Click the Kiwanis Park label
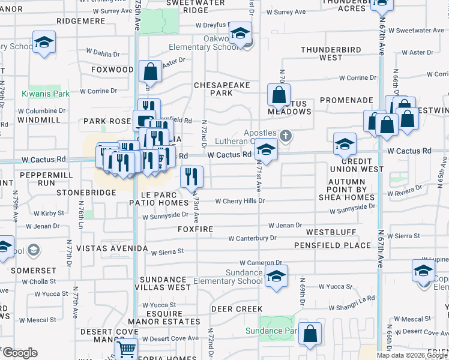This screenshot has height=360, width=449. (46, 94)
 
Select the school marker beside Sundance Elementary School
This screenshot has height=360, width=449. (276, 277)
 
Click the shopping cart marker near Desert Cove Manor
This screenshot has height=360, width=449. (126, 349)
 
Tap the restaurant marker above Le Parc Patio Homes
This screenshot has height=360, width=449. (191, 176)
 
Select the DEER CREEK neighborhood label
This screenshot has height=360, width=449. (237, 309)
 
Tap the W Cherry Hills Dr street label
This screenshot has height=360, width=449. (240, 201)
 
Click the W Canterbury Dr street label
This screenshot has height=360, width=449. (252, 238)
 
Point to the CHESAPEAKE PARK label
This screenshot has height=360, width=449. (221, 89)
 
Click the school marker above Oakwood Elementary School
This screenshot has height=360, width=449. (240, 35)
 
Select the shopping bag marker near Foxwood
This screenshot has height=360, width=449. (150, 71)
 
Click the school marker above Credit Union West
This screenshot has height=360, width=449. (345, 145)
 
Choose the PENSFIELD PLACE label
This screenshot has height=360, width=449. (333, 245)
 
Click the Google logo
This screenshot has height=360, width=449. (20, 353)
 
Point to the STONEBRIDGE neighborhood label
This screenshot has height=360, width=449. (86, 193)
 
